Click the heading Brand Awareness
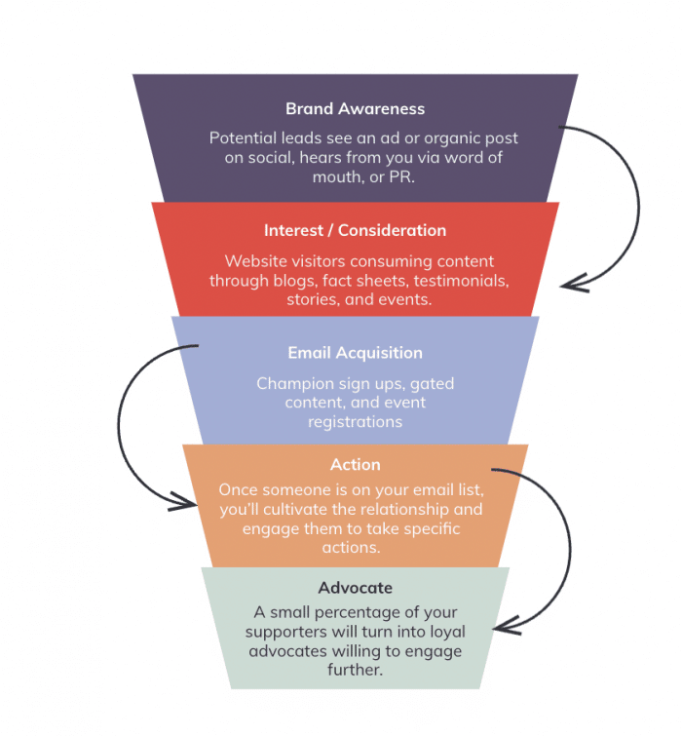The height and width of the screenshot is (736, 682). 355,109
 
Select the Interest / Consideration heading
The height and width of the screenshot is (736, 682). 355,231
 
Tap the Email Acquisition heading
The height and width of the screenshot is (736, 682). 355,353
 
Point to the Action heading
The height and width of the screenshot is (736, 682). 355,465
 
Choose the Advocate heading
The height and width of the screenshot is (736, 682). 355,588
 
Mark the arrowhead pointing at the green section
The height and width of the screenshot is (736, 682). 503,625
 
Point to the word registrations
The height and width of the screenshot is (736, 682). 355,421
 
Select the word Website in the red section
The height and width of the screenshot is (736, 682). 255,261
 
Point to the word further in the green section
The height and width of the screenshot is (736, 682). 355,670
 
